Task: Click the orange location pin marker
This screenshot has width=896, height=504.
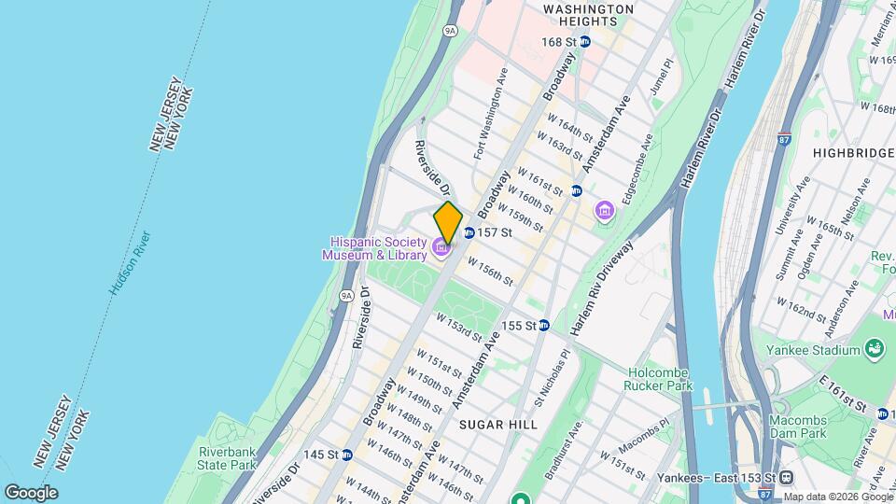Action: click(448, 223)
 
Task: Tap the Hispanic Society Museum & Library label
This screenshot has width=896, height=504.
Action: click(374, 247)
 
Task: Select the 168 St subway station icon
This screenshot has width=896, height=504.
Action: click(585, 42)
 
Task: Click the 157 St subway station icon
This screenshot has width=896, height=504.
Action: click(469, 232)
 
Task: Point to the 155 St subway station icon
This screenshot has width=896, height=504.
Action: click(543, 326)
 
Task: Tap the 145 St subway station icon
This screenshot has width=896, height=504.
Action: click(346, 455)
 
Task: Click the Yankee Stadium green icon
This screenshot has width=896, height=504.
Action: click(875, 350)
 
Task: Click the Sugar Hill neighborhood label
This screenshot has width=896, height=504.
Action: click(498, 424)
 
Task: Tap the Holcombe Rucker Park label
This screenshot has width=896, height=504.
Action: click(660, 378)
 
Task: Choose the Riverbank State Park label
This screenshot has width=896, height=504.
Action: click(227, 458)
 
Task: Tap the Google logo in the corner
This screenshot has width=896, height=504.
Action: click(31, 492)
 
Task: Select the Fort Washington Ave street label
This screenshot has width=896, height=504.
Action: click(492, 112)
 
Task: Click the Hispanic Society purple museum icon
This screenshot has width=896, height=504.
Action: click(440, 247)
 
